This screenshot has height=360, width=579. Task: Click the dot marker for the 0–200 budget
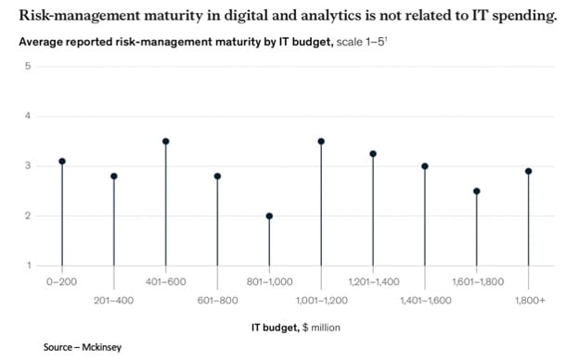62,161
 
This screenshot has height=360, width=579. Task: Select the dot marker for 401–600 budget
165,141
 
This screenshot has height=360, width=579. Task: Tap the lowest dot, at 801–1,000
269,216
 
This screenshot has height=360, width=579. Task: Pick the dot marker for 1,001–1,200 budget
321,141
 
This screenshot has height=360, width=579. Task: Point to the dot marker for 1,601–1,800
476,191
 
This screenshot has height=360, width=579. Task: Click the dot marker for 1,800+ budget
528,171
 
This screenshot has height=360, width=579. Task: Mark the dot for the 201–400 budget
114,176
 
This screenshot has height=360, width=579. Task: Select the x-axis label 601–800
217,300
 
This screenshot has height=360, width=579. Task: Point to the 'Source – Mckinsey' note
82,347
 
